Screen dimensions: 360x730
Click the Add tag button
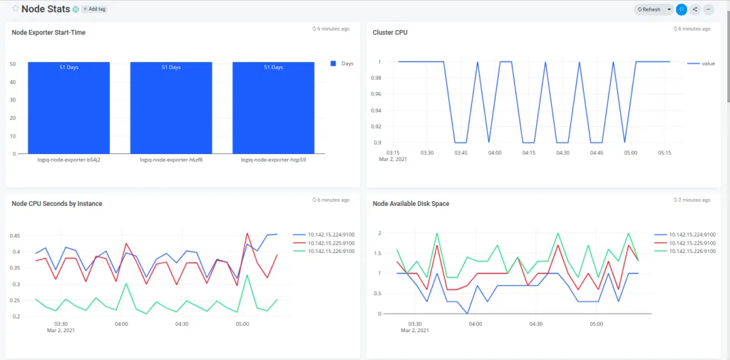coord(94,9)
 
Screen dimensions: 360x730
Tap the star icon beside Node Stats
coord(15,9)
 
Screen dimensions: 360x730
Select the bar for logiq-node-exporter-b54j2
coord(68,107)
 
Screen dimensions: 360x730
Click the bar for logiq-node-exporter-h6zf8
coord(171,107)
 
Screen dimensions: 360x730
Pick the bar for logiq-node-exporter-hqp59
coord(273,107)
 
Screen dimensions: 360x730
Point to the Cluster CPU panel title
coord(390,32)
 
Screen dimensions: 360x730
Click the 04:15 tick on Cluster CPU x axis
coord(528,153)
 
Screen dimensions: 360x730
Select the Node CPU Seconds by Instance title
coord(57,204)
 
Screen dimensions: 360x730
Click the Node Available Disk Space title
coord(411,204)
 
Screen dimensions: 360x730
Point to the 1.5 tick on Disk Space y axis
coord(379,253)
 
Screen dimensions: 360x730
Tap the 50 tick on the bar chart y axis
coord(13,64)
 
